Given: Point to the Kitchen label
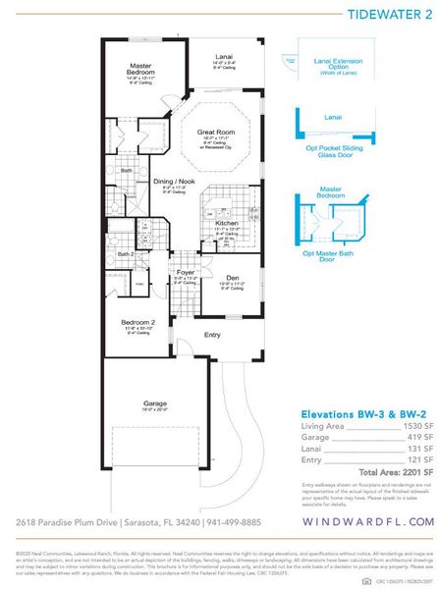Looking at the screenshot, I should click(227, 223).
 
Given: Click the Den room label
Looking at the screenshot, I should click(233, 277).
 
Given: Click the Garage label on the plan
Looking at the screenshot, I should click(157, 403).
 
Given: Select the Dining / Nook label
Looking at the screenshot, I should click(173, 182).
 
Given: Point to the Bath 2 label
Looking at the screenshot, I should click(125, 254).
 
